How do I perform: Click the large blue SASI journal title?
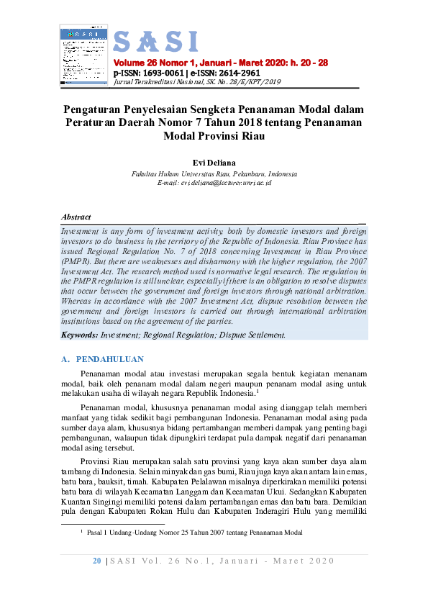pos(155,42)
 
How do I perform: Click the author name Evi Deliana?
pos(214,163)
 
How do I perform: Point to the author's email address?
pos(214,184)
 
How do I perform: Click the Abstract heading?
pos(76,217)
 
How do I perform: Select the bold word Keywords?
pos(79,335)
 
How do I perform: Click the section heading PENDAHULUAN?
pos(110,358)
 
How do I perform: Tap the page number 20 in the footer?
pos(96,561)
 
